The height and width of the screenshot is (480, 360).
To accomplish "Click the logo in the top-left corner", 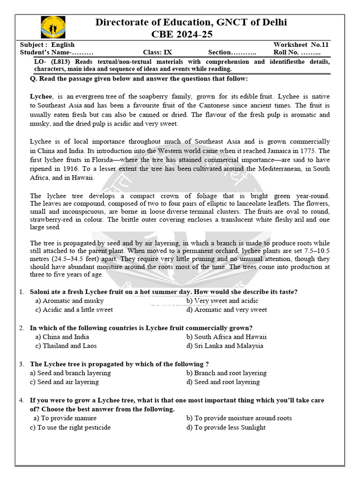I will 53,27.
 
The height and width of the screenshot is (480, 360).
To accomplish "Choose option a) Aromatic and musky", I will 69,301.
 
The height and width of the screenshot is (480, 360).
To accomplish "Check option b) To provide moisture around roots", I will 239,418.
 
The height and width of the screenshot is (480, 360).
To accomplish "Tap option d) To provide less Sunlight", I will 226,427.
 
